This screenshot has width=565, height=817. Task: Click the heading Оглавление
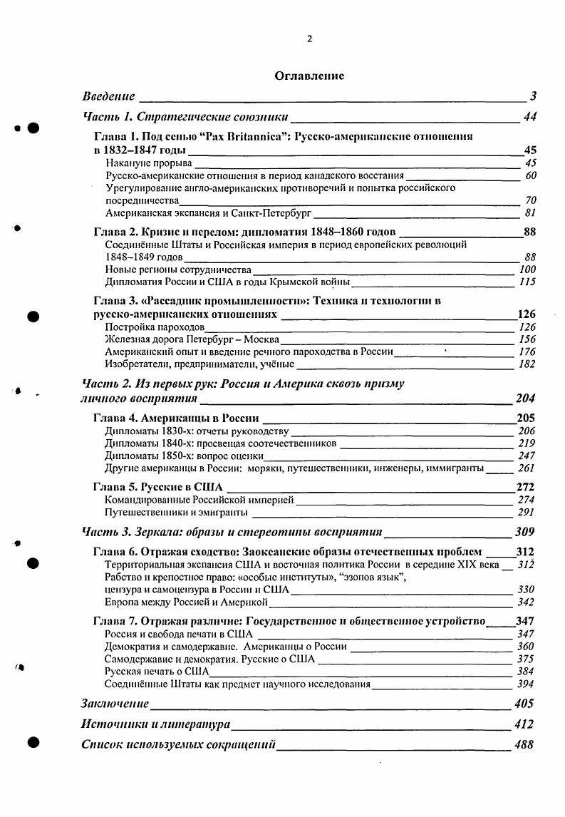[x=309, y=76]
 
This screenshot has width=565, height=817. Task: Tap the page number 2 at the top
[x=309, y=38]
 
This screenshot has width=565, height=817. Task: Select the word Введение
[x=108, y=96]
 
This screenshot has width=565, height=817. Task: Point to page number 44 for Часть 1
[x=529, y=117]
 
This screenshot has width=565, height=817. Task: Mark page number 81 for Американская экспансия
[x=529, y=212]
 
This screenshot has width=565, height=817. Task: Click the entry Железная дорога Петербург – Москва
[x=192, y=339]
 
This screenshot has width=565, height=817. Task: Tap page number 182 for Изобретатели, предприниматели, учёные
[x=527, y=364]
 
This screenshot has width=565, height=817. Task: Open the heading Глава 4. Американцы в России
[x=176, y=418]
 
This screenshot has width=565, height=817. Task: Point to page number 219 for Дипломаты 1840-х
[x=527, y=443]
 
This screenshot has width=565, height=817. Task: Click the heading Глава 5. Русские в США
[x=159, y=487]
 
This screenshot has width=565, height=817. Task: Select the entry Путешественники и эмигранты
[x=176, y=512]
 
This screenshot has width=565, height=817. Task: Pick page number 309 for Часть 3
[x=526, y=532]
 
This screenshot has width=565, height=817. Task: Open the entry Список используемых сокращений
[x=178, y=745]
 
